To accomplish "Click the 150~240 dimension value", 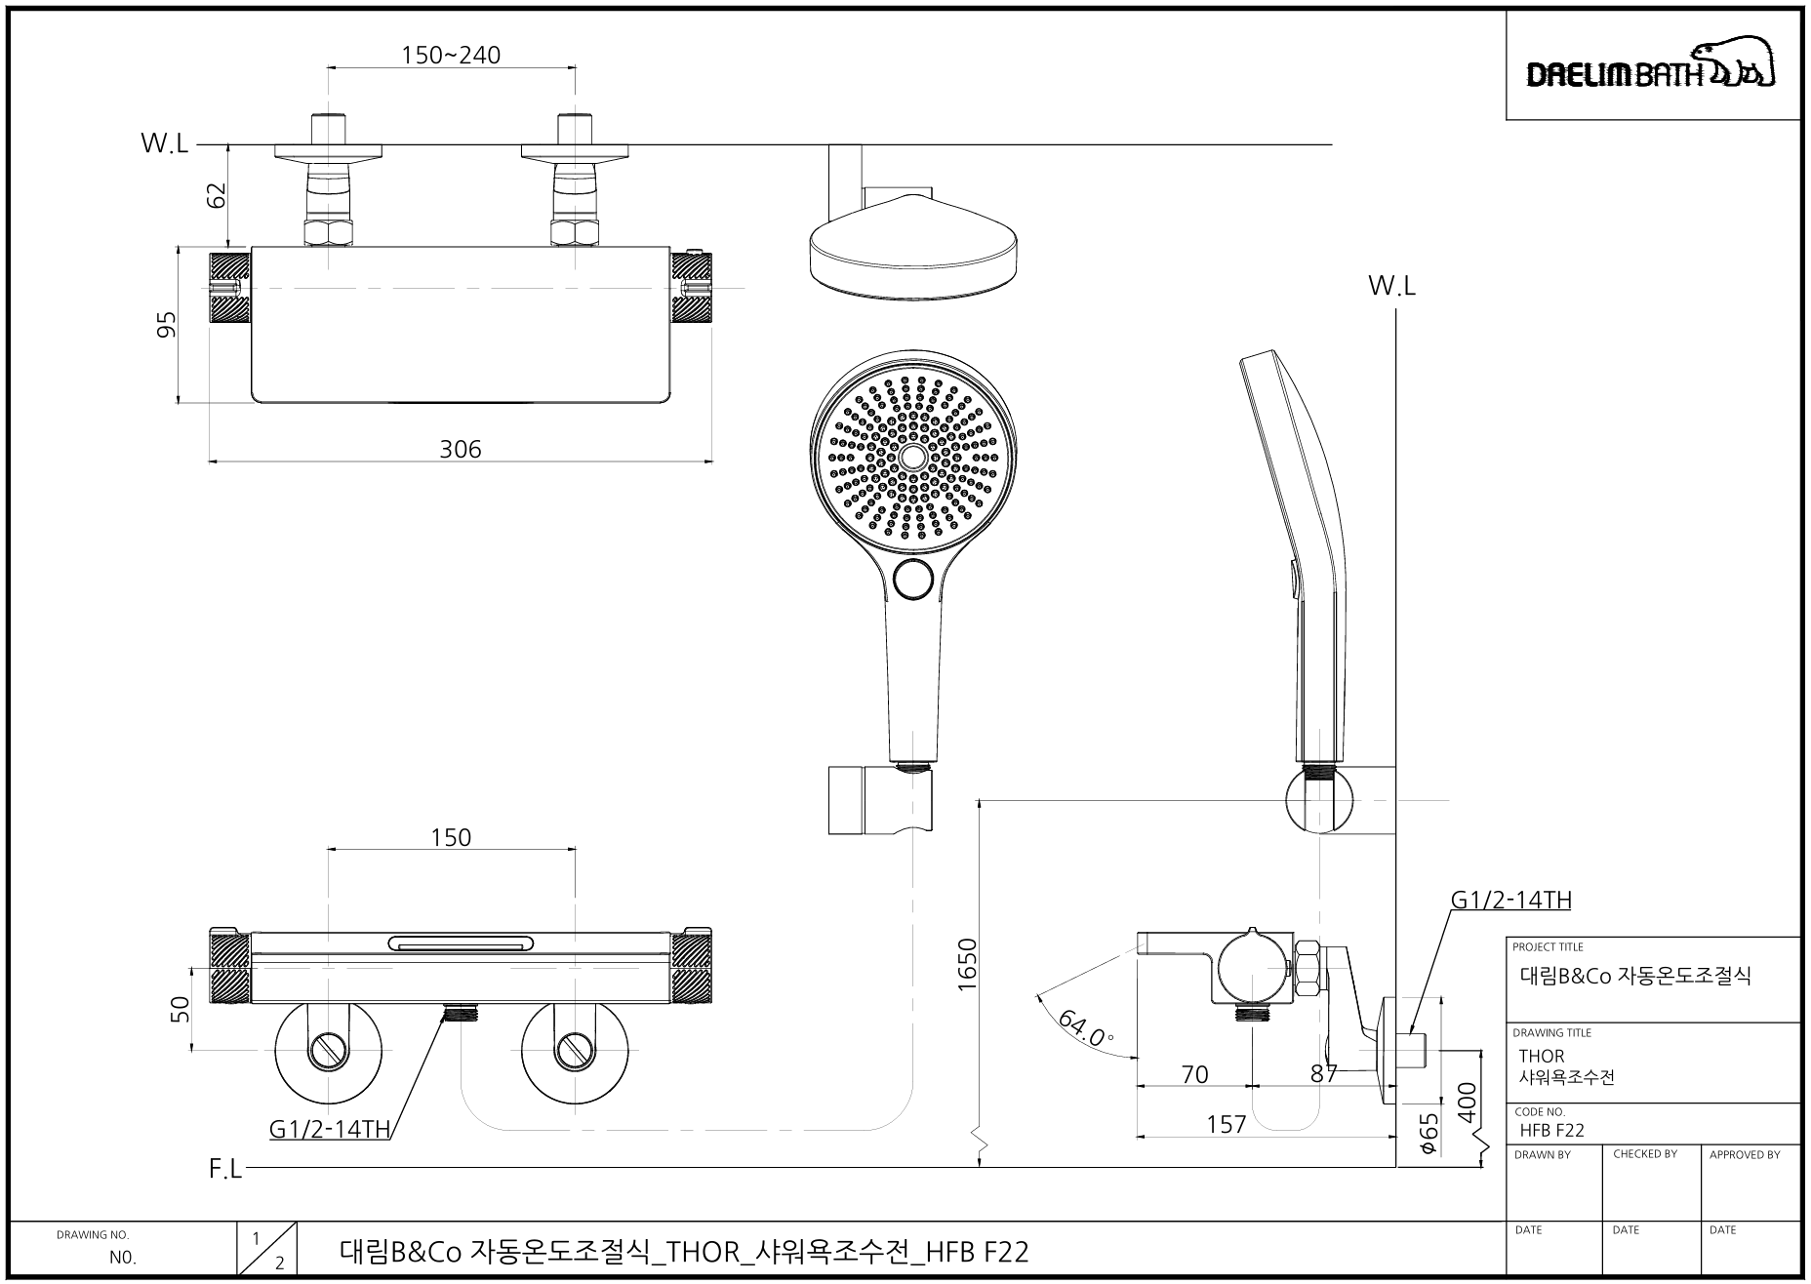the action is [x=451, y=55].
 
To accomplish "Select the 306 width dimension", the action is [x=461, y=449].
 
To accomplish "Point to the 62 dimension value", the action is [x=218, y=195].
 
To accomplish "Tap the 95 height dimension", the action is [x=167, y=324].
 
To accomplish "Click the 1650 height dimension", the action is [x=967, y=964].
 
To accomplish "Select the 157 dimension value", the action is [x=1226, y=1125].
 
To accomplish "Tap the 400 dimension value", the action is [x=1467, y=1103].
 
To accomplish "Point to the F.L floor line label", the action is [x=225, y=1169].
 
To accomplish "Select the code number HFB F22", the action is [x=1552, y=1131].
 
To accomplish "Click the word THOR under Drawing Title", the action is [x=1542, y=1056].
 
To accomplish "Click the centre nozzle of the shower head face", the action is [x=913, y=457].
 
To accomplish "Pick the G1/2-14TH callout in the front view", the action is [x=330, y=1130].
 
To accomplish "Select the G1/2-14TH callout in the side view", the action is [x=1511, y=900].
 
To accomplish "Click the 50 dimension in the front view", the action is [x=181, y=1010].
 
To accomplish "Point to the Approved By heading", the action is [x=1745, y=1154].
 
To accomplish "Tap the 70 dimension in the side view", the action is [x=1194, y=1075].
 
